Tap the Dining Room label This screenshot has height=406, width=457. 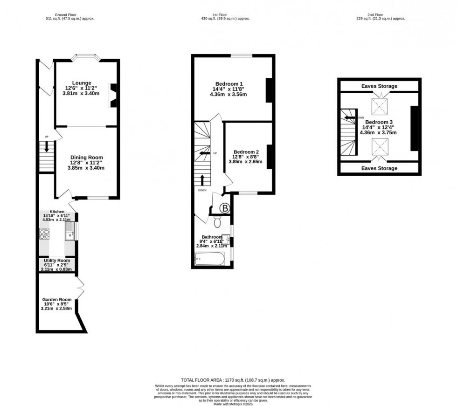point(86,158)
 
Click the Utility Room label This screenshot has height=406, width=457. point(56,260)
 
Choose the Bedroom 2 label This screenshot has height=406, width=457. point(246,152)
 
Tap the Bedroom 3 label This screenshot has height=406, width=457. point(378,122)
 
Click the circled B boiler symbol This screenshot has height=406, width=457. point(225,209)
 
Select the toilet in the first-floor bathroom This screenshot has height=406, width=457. point(217,219)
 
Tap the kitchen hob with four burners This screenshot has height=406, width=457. point(45,234)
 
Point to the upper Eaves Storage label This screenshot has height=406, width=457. point(378,86)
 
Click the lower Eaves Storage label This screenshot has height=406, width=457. point(378,168)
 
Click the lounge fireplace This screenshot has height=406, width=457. point(113,96)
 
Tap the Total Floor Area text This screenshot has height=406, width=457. point(232,380)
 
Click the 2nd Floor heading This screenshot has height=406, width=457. point(379,15)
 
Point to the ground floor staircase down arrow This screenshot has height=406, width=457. point(47,147)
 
